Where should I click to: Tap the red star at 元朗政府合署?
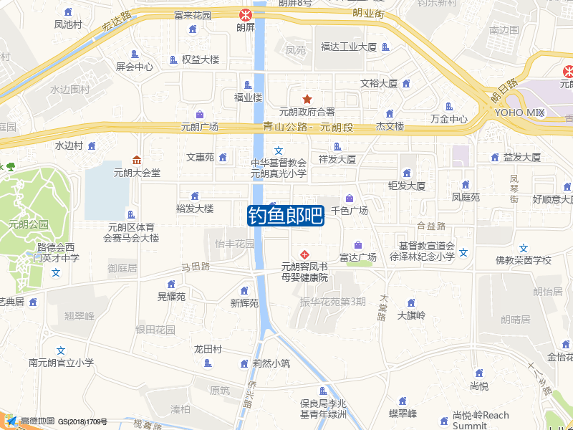click(307, 99)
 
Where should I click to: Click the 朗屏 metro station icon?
click(246, 14)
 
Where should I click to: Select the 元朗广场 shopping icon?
click(199, 115)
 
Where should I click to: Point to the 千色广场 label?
click(350, 211)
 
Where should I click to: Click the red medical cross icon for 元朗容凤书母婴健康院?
click(304, 254)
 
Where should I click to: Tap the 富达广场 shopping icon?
click(358, 245)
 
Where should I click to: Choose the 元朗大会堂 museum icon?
click(137, 160)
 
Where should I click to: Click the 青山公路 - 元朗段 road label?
click(309, 128)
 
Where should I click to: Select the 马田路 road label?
click(195, 267)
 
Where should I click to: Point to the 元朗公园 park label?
click(28, 224)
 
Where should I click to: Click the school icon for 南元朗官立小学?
click(61, 350)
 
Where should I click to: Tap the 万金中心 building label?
click(449, 119)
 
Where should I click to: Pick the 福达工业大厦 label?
click(349, 47)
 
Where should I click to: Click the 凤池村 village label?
click(68, 24)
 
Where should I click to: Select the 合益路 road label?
click(431, 226)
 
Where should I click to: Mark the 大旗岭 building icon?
click(411, 303)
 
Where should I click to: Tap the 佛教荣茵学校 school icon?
click(524, 248)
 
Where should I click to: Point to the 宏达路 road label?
click(116, 21)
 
